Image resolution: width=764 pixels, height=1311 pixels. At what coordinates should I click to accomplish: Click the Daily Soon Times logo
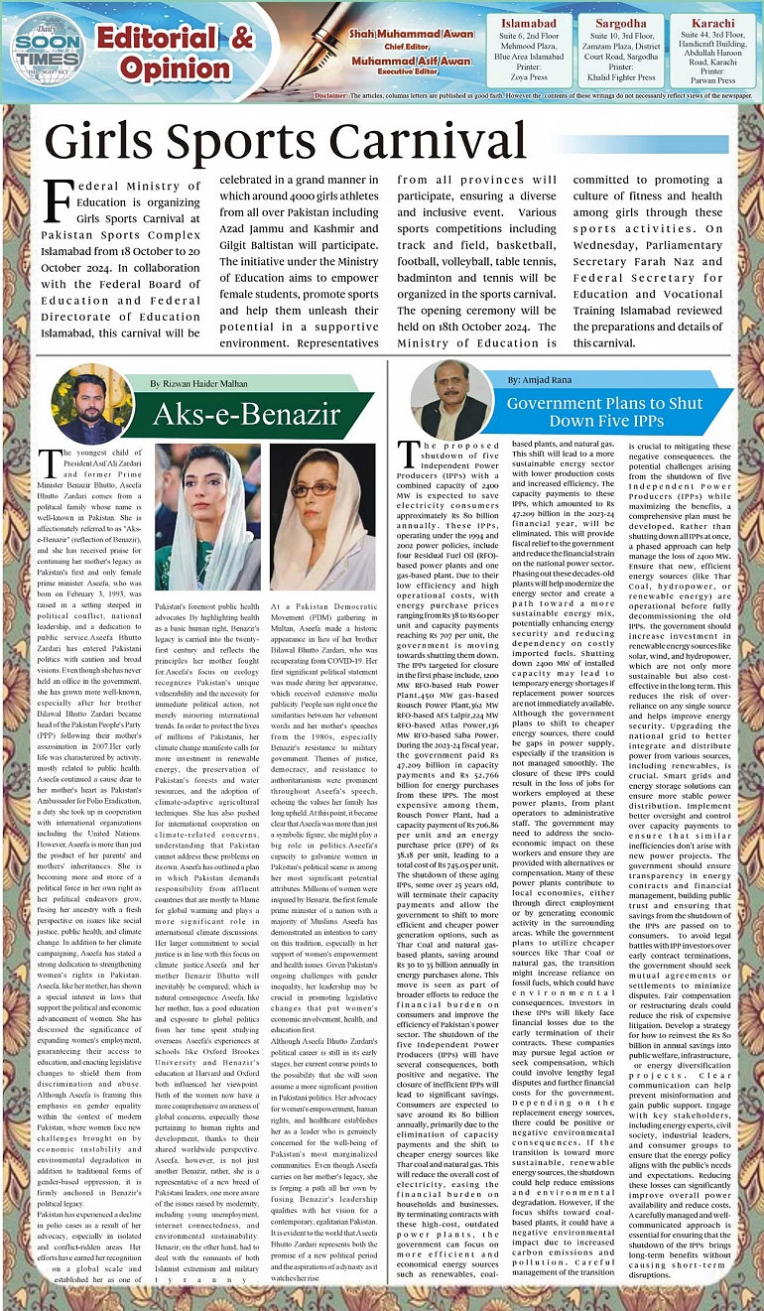coord(47,50)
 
